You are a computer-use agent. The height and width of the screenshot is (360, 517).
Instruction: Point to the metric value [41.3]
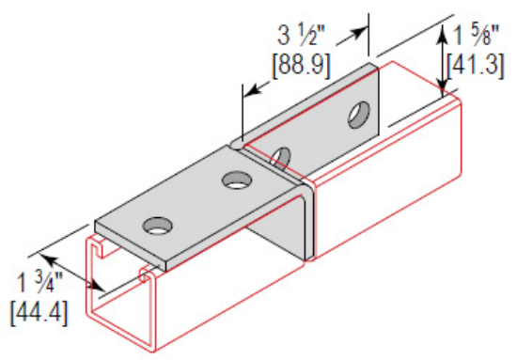(478, 67)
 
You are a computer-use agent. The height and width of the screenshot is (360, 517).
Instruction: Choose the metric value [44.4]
(38, 311)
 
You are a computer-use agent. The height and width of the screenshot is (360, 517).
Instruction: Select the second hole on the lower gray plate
(234, 177)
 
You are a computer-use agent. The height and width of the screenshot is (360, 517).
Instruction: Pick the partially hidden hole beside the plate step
(281, 152)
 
